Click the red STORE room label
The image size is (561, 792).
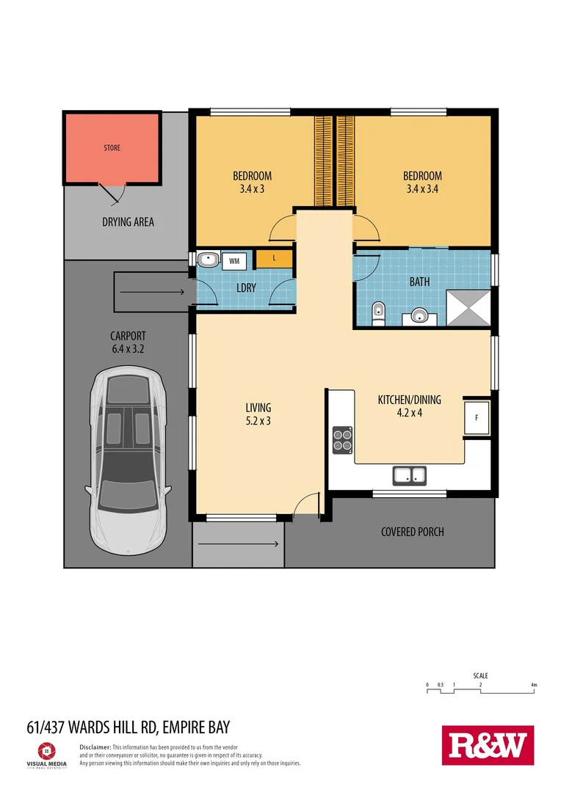[112, 148]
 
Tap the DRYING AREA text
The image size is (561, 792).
[128, 221]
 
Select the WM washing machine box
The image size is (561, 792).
[234, 260]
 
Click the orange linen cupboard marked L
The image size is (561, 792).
[274, 259]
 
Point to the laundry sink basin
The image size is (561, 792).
[208, 260]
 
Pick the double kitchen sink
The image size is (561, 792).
[410, 475]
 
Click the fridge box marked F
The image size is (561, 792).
[477, 418]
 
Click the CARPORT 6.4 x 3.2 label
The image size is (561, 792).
[128, 342]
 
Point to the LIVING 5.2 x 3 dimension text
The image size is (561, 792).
[258, 414]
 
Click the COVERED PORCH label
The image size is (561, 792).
[412, 532]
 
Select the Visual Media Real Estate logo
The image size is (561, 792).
[46, 753]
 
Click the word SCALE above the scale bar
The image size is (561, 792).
[480, 675]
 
